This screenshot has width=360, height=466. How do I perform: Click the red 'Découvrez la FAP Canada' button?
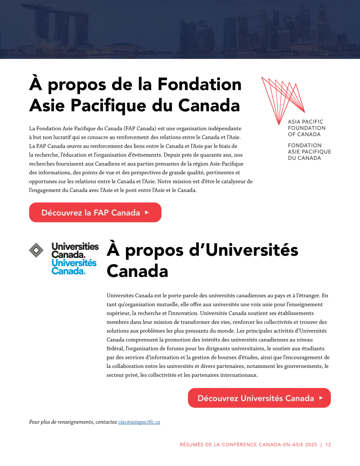click(95, 213)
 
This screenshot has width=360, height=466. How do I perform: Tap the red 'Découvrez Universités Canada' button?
click(259, 398)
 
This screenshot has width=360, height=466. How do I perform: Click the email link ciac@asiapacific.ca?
click(139, 422)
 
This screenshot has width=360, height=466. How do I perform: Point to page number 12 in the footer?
click(328, 444)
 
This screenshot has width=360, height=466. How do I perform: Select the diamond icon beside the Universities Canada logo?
click(36, 250)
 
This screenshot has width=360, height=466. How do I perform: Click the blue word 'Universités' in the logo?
click(74, 263)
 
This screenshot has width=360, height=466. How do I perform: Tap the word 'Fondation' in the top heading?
click(199, 84)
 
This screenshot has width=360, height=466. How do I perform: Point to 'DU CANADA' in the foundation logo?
click(305, 158)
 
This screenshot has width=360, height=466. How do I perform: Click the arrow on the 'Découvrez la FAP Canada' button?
click(147, 213)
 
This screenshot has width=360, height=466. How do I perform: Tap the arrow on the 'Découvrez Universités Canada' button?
click(321, 398)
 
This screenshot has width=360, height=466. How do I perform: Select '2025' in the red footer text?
click(311, 444)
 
